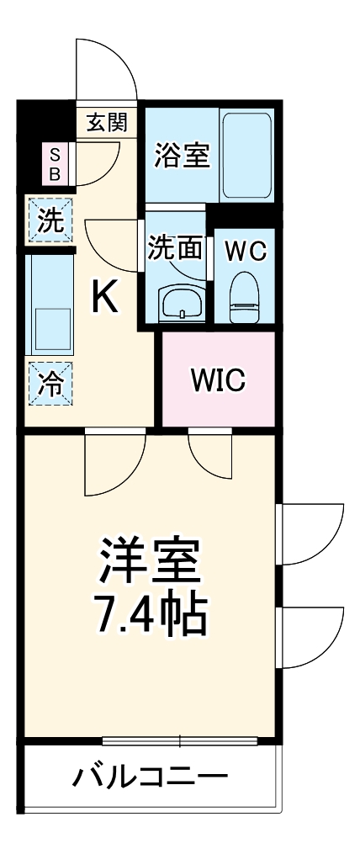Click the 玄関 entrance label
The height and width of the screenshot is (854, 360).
pos(107,123)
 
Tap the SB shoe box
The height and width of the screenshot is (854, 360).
pos(55,164)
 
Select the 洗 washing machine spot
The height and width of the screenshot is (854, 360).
pos(50,221)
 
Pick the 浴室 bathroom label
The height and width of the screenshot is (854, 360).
pos(182,156)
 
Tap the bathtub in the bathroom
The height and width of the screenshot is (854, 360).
pos(246,154)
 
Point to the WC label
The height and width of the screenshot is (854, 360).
pos(246,250)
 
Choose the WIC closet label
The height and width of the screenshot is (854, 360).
pos(217,380)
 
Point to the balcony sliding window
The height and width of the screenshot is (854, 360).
pos(180,741)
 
